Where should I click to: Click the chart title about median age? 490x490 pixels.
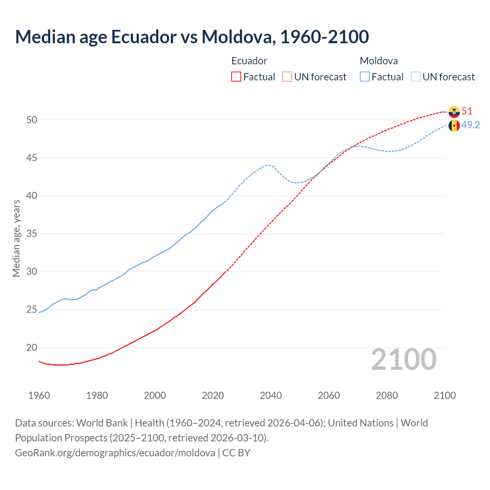tap(192, 37)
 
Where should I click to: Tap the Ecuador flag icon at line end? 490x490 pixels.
tap(454, 111)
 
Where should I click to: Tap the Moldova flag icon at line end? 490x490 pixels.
tap(454, 125)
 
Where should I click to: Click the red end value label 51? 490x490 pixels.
tap(467, 111)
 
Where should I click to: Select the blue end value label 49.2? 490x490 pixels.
tap(470, 125)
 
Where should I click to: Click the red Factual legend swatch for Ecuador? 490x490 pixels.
tap(236, 77)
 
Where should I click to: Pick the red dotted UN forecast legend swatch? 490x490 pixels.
tap(287, 77)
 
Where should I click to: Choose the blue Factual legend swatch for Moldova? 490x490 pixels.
tap(365, 77)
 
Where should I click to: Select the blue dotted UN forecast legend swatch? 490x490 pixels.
tap(416, 77)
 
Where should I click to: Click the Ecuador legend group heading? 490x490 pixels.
tap(249, 61)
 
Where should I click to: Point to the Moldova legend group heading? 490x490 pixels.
tap(379, 61)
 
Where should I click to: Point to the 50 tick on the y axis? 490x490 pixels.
tap(32, 120)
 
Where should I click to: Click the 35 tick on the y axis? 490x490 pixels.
tap(32, 234)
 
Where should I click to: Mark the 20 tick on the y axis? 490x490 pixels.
tap(32, 348)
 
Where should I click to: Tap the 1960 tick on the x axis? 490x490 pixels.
tap(39, 395)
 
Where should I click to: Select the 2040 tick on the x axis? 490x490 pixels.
tap(271, 395)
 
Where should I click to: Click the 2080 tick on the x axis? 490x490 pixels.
tap(387, 395)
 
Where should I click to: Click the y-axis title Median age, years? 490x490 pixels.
tap(16, 238)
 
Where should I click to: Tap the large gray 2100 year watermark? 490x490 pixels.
tap(404, 359)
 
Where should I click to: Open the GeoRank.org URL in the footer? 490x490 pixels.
tap(115, 453)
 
